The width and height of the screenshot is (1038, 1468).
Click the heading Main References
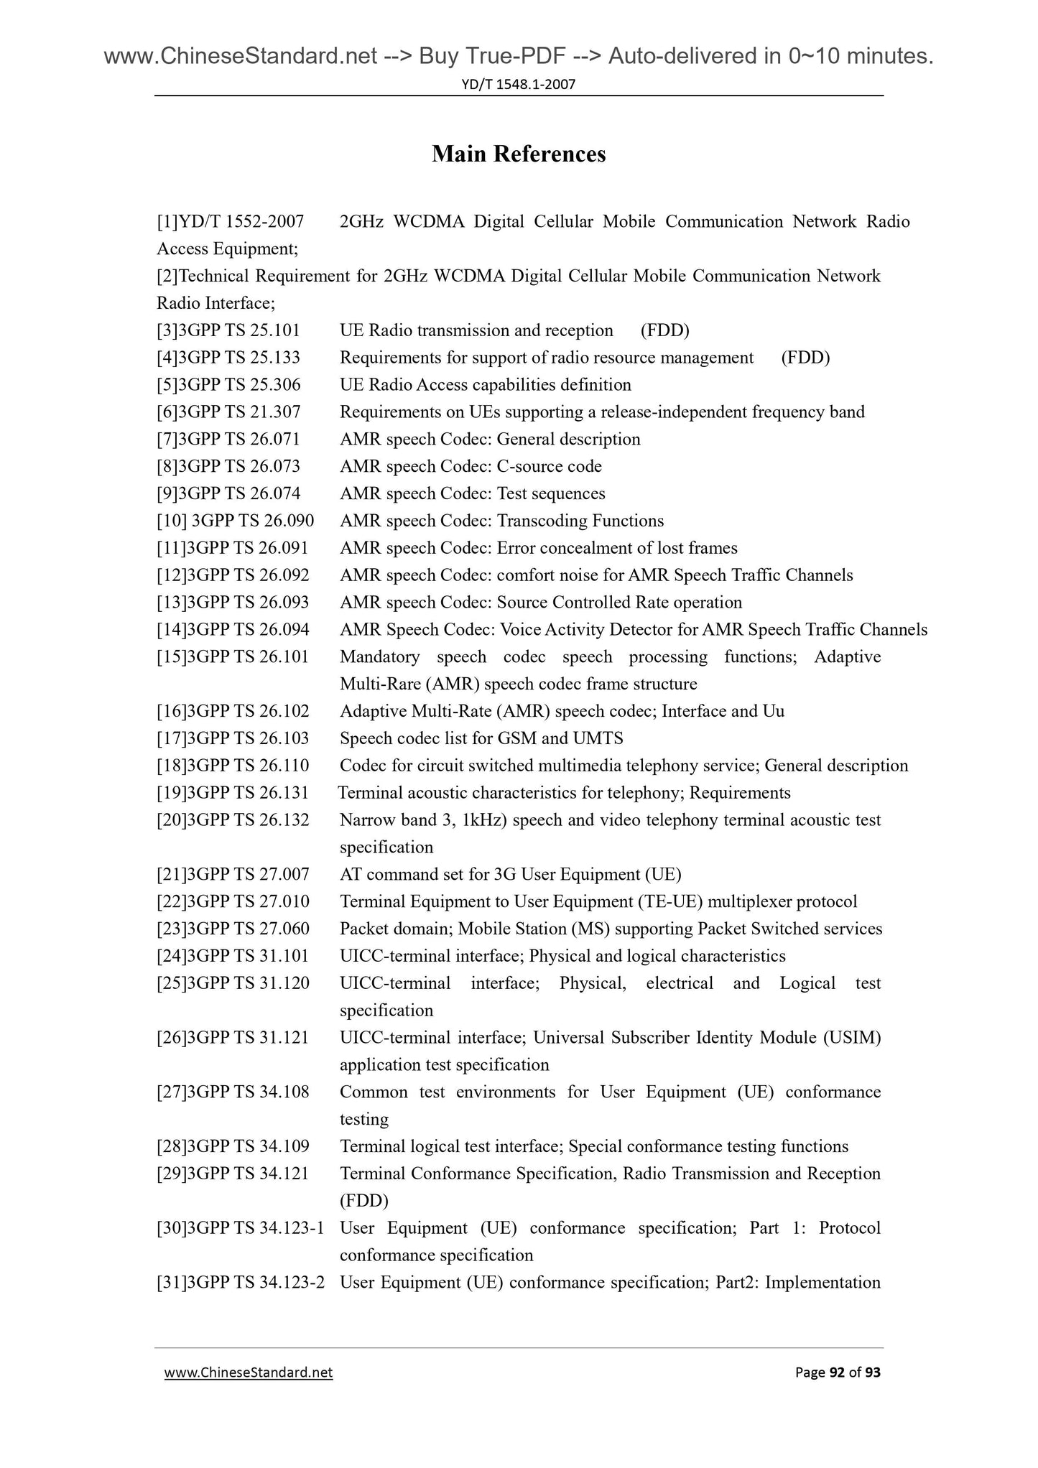519,154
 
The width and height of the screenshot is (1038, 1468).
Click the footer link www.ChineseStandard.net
249,1372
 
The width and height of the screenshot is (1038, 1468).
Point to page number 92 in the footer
837,1372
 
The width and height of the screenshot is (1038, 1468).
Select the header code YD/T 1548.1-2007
519,85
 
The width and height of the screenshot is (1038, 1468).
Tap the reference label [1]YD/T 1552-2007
230,222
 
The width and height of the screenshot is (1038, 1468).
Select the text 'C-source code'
549,466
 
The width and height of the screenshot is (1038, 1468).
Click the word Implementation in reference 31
822,1283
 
